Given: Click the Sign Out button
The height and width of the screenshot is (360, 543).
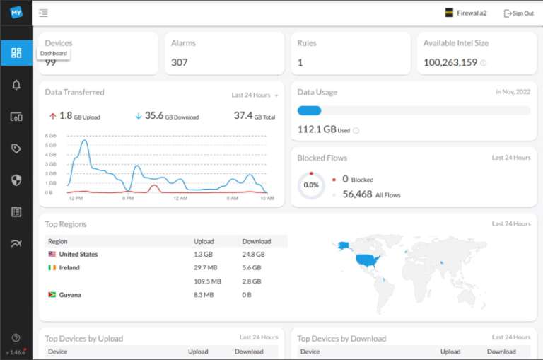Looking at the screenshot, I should click(518, 13).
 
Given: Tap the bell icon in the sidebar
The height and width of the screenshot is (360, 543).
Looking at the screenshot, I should click(16, 85).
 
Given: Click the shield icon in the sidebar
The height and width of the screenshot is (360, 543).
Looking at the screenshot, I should click(16, 180).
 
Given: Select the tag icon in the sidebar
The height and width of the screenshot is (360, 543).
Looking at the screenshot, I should click(16, 149).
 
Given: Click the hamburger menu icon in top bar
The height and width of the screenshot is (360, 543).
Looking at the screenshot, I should click(43, 13).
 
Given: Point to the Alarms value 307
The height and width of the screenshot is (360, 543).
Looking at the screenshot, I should click(180, 62).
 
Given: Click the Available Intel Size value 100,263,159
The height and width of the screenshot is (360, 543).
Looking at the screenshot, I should click(450, 62).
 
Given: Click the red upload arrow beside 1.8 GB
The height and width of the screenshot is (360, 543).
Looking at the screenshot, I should click(52, 116).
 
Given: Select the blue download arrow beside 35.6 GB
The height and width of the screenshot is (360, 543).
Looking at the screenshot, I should click(138, 116).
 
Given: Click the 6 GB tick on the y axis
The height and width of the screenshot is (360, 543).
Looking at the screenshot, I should click(50, 135).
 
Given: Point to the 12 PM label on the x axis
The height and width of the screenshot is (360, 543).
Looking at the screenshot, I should click(76, 199).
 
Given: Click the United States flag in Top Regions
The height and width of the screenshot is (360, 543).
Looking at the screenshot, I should click(52, 254).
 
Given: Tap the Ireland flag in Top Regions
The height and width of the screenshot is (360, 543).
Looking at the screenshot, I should click(52, 267).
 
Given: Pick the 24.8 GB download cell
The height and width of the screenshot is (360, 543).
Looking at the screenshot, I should click(253, 254).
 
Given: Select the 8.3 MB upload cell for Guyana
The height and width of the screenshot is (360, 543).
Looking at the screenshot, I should click(204, 294).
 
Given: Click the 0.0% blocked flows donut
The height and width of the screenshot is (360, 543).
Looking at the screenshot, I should click(311, 185).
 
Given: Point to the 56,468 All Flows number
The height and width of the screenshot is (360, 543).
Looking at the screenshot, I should click(357, 194).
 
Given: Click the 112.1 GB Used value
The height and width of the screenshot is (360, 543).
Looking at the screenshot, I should click(317, 129).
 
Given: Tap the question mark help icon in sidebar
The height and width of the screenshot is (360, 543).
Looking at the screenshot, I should click(16, 337).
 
